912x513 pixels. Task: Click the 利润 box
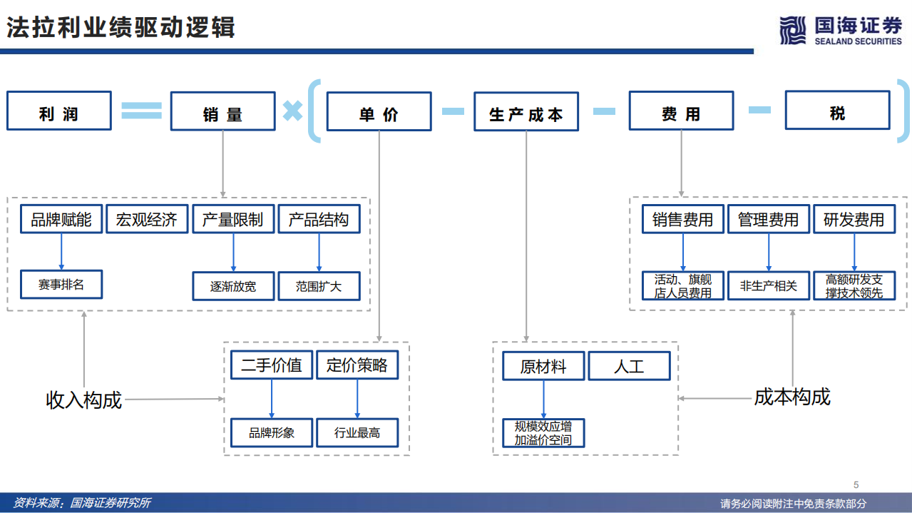tap(59, 111)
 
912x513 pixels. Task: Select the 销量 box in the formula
tap(222, 111)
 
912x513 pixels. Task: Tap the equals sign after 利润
tap(141, 110)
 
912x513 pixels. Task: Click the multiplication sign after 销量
tap(292, 111)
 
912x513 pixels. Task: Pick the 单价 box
tap(379, 111)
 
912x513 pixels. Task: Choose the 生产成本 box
tap(526, 111)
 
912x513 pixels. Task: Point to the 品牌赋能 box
tap(61, 220)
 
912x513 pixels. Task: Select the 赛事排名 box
tap(61, 284)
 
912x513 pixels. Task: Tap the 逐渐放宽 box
tap(233, 286)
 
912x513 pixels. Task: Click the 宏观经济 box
tap(147, 220)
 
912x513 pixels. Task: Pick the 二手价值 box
tap(271, 365)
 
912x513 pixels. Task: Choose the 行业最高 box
tap(357, 432)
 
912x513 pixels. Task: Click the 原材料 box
tap(543, 366)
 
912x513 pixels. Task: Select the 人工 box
tap(629, 366)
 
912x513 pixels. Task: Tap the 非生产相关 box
tap(768, 286)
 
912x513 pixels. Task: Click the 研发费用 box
tap(854, 220)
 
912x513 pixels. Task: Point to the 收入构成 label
tap(84, 400)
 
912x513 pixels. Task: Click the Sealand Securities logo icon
tap(792, 30)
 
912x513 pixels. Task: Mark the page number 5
tap(856, 484)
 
